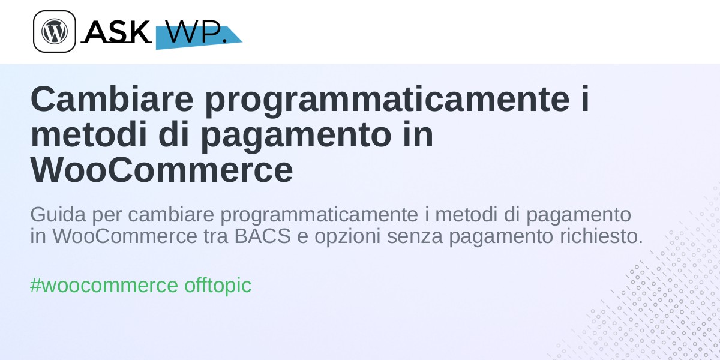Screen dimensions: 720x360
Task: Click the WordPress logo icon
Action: pos(55,31)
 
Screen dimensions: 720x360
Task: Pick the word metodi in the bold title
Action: pos(88,134)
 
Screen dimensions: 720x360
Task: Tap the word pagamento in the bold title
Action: pos(296,137)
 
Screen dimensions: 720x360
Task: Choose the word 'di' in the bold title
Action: pos(173,134)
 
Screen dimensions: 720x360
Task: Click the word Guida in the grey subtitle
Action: pos(58,214)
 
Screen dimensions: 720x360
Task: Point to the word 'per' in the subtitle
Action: pos(107,217)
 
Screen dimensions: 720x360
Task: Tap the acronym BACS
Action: pos(262,236)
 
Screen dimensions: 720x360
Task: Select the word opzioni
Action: pos(347,237)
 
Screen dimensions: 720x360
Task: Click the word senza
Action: pos(415,238)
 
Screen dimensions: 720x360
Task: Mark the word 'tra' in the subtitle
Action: pos(215,236)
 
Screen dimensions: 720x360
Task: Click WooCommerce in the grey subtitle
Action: pos(125,236)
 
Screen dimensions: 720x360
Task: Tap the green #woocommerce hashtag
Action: pos(104,286)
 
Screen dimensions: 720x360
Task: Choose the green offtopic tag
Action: pos(218,286)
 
